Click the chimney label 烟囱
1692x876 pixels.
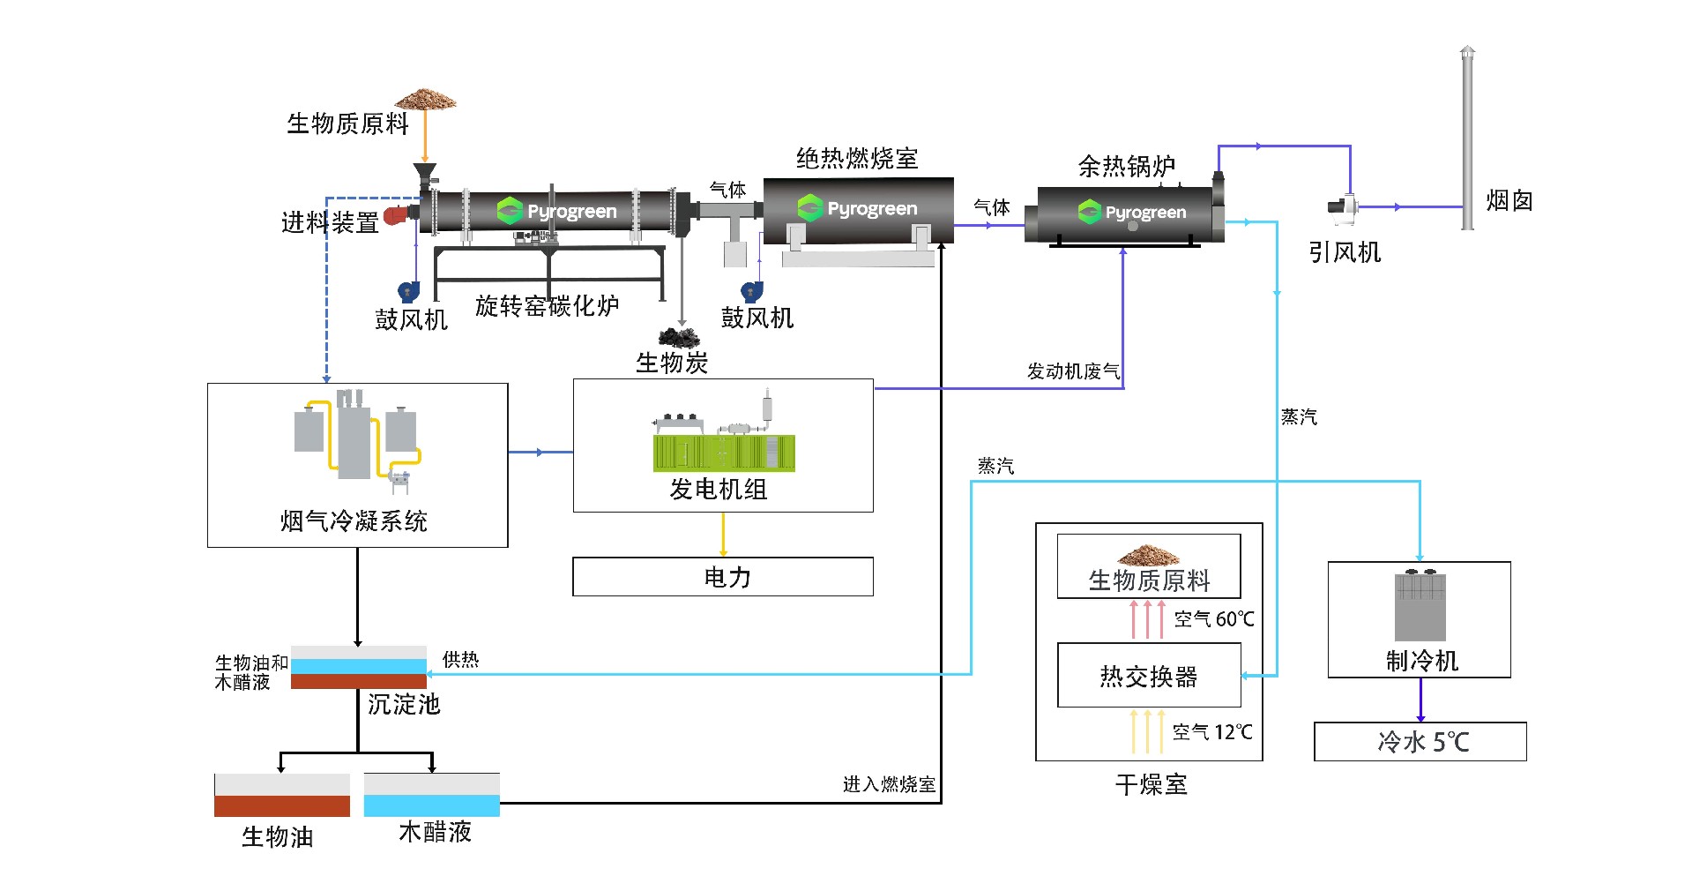click(1509, 201)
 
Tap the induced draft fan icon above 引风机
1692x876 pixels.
click(1343, 206)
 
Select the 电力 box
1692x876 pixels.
click(723, 577)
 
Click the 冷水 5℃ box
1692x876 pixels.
click(1420, 741)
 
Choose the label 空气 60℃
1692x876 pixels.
click(1213, 619)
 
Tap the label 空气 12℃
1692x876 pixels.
click(1211, 732)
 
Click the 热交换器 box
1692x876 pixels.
click(1149, 676)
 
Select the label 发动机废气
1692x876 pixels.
click(1072, 371)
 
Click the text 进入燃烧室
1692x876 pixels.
click(888, 784)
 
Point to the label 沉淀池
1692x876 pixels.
click(403, 704)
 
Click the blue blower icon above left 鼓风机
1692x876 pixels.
click(408, 291)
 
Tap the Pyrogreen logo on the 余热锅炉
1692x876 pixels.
click(1132, 213)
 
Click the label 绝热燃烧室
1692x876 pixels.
click(857, 159)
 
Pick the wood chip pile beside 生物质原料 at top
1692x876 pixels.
click(425, 98)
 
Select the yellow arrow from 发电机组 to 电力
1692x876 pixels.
click(723, 534)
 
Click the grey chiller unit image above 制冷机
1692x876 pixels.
click(1420, 606)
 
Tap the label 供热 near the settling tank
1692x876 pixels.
click(460, 659)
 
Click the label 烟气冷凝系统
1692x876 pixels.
click(354, 521)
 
